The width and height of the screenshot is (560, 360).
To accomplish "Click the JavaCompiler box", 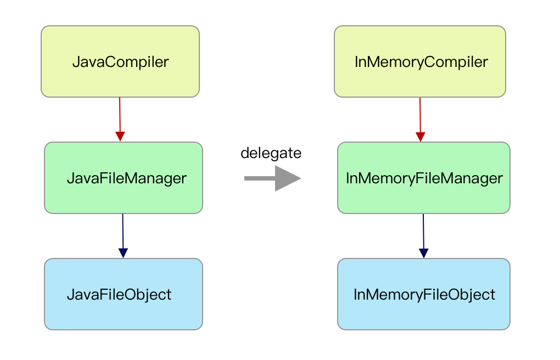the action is (120, 61).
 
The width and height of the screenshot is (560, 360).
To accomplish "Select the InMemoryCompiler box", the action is (420, 61).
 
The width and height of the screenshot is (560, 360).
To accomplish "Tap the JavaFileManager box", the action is (124, 178).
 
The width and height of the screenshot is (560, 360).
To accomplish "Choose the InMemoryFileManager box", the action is (424, 178).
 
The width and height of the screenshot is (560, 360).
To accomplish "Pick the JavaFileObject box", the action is (124, 294).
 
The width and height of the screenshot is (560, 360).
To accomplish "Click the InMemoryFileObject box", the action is (424, 294).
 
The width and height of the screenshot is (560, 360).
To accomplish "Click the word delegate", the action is (271, 153).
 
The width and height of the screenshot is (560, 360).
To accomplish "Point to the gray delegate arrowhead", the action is (288, 178).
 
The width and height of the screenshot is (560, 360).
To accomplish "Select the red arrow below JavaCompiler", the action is (120, 119).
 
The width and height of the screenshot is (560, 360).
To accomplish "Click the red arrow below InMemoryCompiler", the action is (421, 119).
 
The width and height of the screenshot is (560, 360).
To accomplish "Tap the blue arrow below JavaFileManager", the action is (123, 236).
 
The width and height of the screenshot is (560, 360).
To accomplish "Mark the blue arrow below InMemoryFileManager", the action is (424, 236).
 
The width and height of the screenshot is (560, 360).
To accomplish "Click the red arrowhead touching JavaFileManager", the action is (120, 136).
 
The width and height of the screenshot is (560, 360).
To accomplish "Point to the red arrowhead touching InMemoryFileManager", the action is (421, 136).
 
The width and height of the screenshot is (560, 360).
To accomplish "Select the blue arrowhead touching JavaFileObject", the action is (123, 252).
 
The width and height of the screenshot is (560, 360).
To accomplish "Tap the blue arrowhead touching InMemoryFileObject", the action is (424, 252).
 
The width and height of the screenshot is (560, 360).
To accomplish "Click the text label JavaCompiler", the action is (121, 62).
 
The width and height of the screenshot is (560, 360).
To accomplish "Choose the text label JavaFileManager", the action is (127, 178).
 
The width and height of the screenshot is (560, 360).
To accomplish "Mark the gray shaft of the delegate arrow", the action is (260, 178).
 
